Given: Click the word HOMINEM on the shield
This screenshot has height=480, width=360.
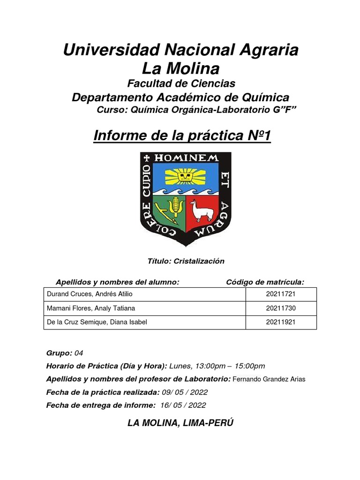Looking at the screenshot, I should coord(187,158).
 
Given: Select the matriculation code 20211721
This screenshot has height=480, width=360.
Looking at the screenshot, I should coord(281,294).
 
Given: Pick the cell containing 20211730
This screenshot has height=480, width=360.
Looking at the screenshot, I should coord(281,308).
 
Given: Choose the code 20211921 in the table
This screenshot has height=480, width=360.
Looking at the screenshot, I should coord(281,322).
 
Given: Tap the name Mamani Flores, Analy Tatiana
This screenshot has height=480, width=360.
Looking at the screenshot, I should coord(91,308).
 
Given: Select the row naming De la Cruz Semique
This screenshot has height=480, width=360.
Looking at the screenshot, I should coord(97,322).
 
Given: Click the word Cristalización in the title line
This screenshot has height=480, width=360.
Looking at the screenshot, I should coord(199,262).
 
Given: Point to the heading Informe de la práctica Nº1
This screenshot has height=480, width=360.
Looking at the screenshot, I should coord(182,136).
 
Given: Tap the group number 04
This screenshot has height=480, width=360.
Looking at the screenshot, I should coord(79,353).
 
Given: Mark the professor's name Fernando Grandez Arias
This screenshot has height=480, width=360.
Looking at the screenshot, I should coord(269,379).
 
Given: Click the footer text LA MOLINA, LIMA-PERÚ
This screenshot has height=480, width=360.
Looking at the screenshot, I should coord(180,423).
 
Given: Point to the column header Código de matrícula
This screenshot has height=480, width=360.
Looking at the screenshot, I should coord(265,282).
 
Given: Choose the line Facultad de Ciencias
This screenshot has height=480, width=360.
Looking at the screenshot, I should coord(181,83).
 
